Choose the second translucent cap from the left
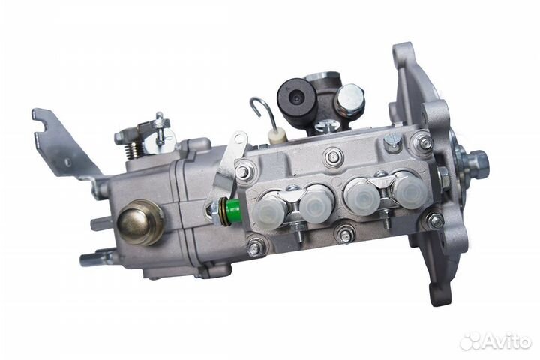(315, 200)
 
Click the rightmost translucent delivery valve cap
(405, 190)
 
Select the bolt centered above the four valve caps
(334, 157)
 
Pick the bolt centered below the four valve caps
(345, 235)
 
